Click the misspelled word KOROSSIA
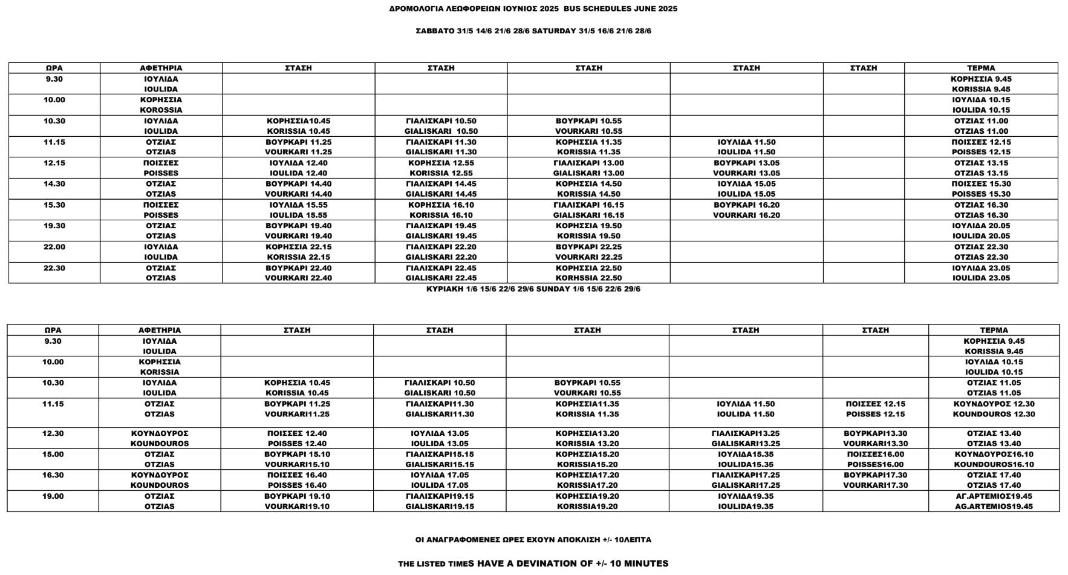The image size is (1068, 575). click(161, 110)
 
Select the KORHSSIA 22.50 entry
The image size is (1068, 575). click(589, 278)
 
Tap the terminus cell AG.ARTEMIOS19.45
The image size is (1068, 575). click(994, 507)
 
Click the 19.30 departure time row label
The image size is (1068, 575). click(54, 226)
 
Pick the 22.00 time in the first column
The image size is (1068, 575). click(54, 247)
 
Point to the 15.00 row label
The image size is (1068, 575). click(53, 455)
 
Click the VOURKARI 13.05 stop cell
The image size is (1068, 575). click(746, 173)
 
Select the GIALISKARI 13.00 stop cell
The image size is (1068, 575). click(588, 173)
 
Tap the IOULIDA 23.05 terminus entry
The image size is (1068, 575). click(981, 278)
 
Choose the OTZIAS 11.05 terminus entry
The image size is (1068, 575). click(994, 393)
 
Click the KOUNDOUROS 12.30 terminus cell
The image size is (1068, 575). click(994, 415)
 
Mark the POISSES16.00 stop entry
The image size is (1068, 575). click(875, 465)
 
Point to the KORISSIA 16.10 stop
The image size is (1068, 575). click(441, 215)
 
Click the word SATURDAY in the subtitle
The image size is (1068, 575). click(554, 31)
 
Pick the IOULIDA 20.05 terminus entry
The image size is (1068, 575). click(981, 236)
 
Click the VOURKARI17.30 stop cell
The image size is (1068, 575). click(875, 485)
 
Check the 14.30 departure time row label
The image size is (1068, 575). click(54, 184)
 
